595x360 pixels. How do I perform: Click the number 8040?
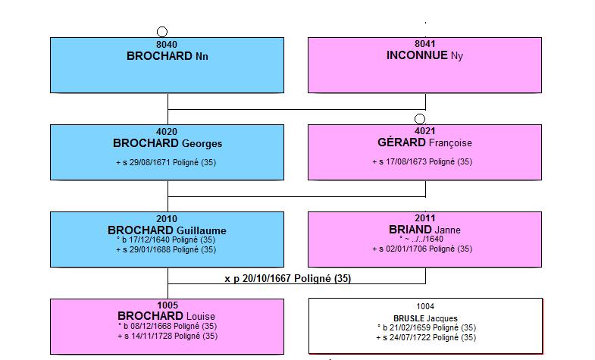[167, 45]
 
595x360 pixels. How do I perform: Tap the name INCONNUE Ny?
[424, 55]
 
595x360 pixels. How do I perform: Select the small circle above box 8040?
[162, 32]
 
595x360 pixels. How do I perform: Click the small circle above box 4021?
[420, 119]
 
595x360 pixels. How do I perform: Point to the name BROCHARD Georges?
[168, 143]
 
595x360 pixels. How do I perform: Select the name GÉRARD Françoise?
[424, 142]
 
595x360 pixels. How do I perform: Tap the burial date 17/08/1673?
[406, 161]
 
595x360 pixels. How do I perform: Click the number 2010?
[167, 219]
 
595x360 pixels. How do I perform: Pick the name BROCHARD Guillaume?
[167, 230]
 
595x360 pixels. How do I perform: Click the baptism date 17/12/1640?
[150, 239]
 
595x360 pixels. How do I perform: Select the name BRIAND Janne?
[424, 230]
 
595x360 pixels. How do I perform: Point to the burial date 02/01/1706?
[406, 249]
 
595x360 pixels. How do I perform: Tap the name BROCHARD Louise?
[166, 316]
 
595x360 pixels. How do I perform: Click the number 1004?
[425, 306]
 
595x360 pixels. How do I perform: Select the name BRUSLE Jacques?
[425, 318]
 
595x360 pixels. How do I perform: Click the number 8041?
[424, 44]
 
